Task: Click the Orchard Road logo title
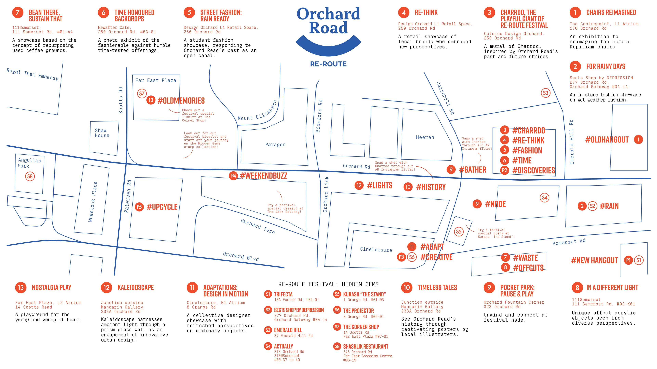[x=328, y=21]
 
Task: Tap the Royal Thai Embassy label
[x=32, y=74]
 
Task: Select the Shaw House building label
[x=102, y=133]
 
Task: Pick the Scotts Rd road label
[x=121, y=100]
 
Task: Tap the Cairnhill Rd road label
[x=445, y=98]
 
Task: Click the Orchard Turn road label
[x=258, y=226]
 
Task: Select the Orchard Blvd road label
[x=241, y=256]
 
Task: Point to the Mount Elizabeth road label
[x=258, y=111]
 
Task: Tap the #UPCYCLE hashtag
[x=162, y=207]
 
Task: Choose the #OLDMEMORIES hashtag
[x=181, y=101]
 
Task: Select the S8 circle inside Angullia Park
[x=30, y=176]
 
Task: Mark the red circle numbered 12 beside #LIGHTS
[x=359, y=185]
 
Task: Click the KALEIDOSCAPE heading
[x=136, y=288]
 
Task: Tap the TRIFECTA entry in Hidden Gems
[x=283, y=294]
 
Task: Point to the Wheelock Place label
[x=93, y=202]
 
